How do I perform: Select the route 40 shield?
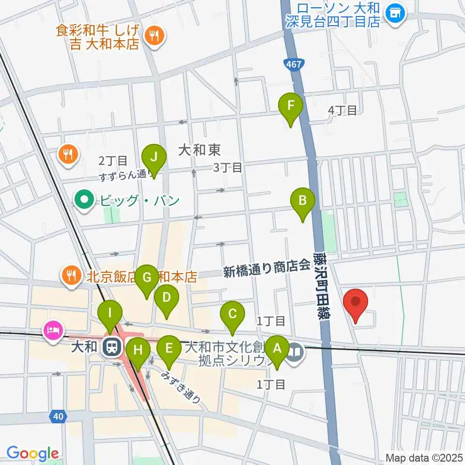[x=58, y=415]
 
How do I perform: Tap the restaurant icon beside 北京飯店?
[x=71, y=276]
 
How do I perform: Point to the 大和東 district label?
[x=200, y=150]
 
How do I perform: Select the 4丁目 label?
[x=342, y=110]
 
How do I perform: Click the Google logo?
[x=32, y=453]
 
